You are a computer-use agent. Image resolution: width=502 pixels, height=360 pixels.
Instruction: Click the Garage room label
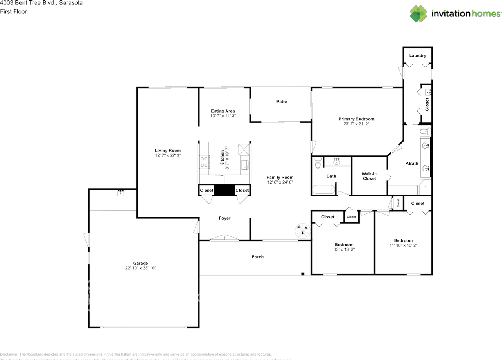[x=140, y=263]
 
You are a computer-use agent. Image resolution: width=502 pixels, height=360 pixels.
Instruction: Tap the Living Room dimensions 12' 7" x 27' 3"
[x=168, y=156]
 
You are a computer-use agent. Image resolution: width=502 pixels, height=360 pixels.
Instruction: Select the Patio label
[x=282, y=102]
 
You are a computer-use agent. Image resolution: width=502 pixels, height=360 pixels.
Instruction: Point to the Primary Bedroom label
[x=356, y=119]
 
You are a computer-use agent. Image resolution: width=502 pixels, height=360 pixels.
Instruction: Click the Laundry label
[x=417, y=56]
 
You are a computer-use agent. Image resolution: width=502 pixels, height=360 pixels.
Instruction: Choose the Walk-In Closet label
[x=369, y=176]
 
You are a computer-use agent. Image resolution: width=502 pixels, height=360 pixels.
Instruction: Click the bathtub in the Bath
[x=324, y=190]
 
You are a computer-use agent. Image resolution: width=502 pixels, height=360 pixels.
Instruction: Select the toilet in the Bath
[x=318, y=162]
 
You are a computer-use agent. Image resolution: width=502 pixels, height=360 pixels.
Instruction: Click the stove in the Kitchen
[x=204, y=162]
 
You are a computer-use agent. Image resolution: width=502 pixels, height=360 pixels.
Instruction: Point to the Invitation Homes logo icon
[x=419, y=14]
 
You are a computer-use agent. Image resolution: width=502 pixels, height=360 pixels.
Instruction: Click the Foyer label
[x=224, y=218]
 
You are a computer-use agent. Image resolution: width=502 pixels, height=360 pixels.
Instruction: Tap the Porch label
[x=257, y=257]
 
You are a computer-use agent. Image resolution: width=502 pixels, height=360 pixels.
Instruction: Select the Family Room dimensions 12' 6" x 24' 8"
[x=280, y=182]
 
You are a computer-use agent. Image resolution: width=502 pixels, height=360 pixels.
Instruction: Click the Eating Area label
[x=223, y=111]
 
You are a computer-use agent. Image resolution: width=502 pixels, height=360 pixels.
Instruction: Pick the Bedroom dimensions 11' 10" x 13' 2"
[x=403, y=245]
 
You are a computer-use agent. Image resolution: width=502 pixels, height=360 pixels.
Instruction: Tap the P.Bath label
[x=411, y=163]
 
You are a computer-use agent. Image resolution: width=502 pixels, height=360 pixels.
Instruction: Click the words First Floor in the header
[x=13, y=11]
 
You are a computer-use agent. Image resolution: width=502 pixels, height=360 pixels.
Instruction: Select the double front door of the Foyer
[x=224, y=238]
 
